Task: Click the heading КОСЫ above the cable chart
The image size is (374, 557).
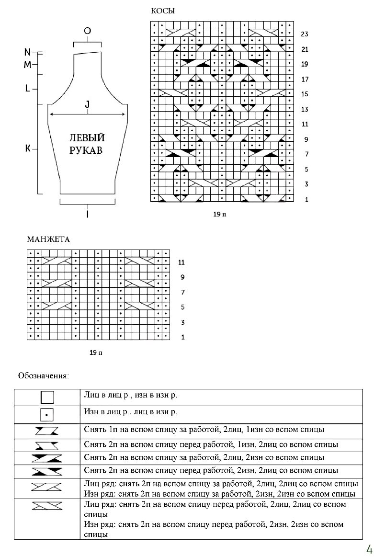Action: tap(163, 11)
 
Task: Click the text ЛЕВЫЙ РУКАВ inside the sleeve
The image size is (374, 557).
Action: tap(87, 144)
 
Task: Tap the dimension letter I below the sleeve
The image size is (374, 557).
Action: tap(88, 215)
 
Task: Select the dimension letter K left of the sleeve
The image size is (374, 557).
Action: tap(28, 149)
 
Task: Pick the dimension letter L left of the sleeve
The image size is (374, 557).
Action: tap(28, 88)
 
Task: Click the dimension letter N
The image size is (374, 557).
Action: tap(27, 52)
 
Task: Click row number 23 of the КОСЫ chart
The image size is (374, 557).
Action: tap(305, 34)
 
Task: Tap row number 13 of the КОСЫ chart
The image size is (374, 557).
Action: tap(305, 110)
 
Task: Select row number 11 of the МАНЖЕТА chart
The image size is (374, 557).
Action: tap(181, 262)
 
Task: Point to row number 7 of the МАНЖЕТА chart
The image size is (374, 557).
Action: tap(182, 292)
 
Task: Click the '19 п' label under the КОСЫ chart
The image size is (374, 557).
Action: tap(219, 215)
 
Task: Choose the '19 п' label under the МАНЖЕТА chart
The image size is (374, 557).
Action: tap(96, 353)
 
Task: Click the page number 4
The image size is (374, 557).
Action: tap(369, 549)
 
